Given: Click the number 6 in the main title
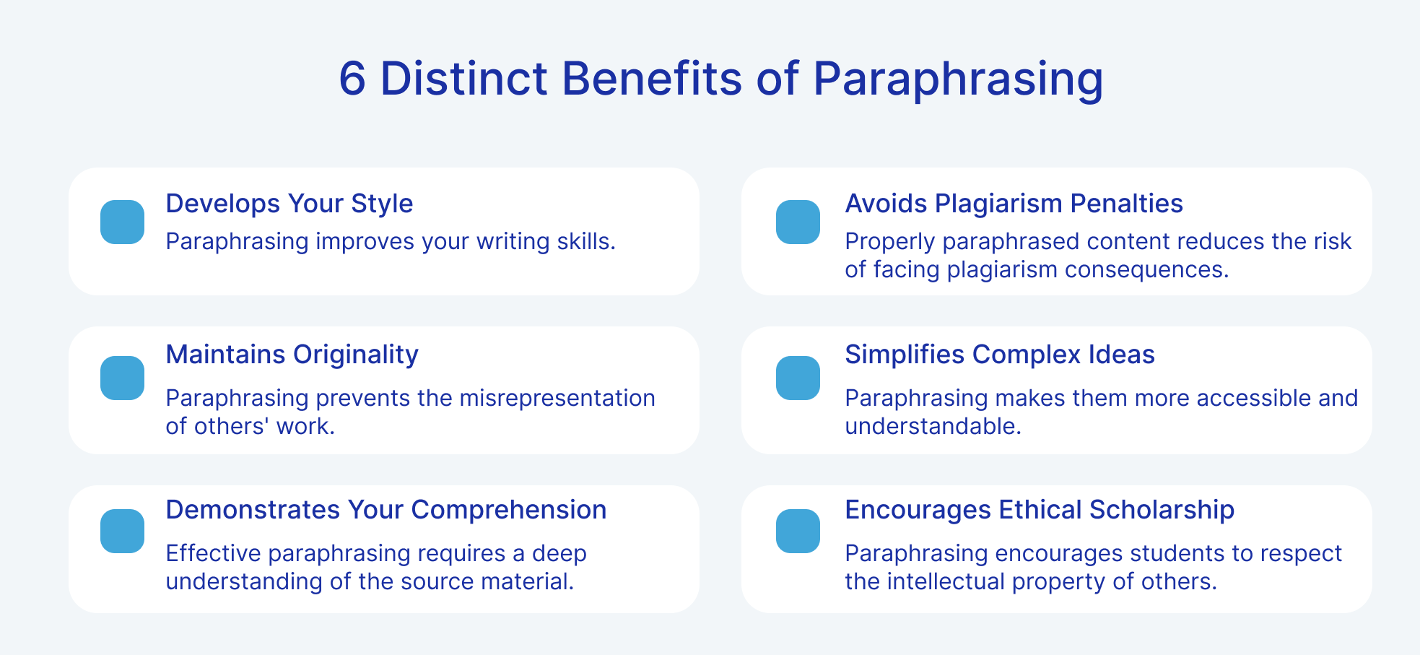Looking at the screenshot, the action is coord(352,78).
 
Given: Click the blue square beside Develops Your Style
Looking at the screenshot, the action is coord(123,222).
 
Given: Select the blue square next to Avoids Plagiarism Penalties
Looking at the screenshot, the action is coord(798,222).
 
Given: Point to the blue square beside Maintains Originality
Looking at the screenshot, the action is coord(123,378).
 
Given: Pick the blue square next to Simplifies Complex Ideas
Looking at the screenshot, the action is coord(798,378).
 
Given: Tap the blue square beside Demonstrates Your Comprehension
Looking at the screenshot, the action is coord(123,531).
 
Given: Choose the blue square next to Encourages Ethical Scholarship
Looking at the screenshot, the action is coord(798,531).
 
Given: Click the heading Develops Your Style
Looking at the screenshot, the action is coord(289,204).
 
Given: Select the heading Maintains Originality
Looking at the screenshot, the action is coord(292,355).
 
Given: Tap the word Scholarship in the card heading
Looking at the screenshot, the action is coord(1162,511).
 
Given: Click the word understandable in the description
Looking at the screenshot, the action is coord(933,426).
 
